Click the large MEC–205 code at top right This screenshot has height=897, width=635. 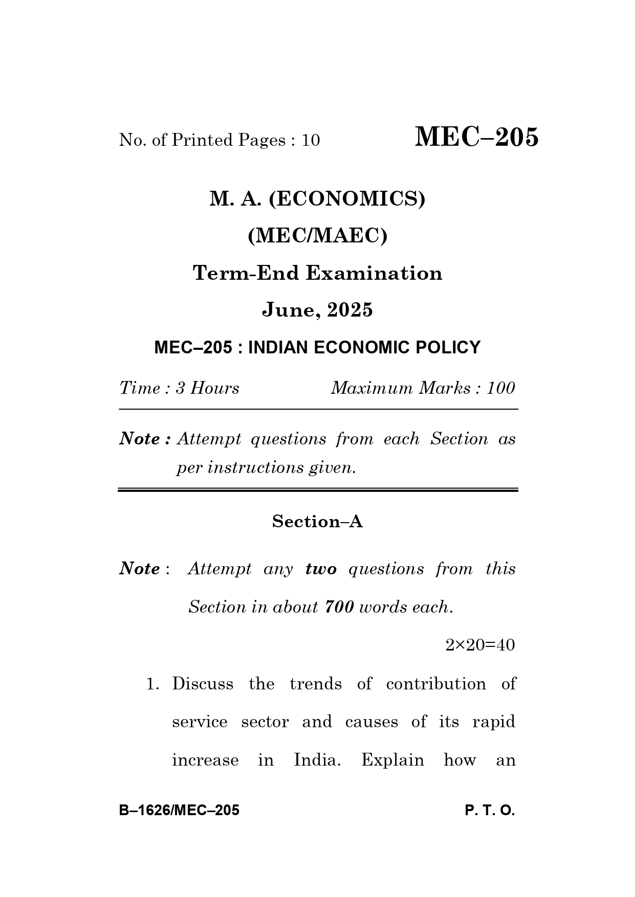pyautogui.click(x=476, y=137)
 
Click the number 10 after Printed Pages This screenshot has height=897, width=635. pyautogui.click(x=310, y=140)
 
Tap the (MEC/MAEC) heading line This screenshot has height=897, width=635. pyautogui.click(x=317, y=236)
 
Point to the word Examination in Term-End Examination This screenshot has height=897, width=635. pyautogui.click(x=374, y=273)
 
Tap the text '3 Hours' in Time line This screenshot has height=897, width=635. pyautogui.click(x=207, y=388)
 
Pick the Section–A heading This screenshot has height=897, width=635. pyautogui.click(x=317, y=522)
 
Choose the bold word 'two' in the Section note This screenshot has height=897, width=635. pyautogui.click(x=321, y=569)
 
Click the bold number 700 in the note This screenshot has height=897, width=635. pyautogui.click(x=339, y=607)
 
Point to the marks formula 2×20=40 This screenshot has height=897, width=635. pyautogui.click(x=479, y=645)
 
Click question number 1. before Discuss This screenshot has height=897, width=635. pyautogui.click(x=153, y=684)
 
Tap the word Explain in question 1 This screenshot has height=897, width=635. pyautogui.click(x=392, y=760)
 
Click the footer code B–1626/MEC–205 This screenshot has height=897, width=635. pyautogui.click(x=179, y=811)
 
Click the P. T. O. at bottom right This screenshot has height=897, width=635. pyautogui.click(x=490, y=811)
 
